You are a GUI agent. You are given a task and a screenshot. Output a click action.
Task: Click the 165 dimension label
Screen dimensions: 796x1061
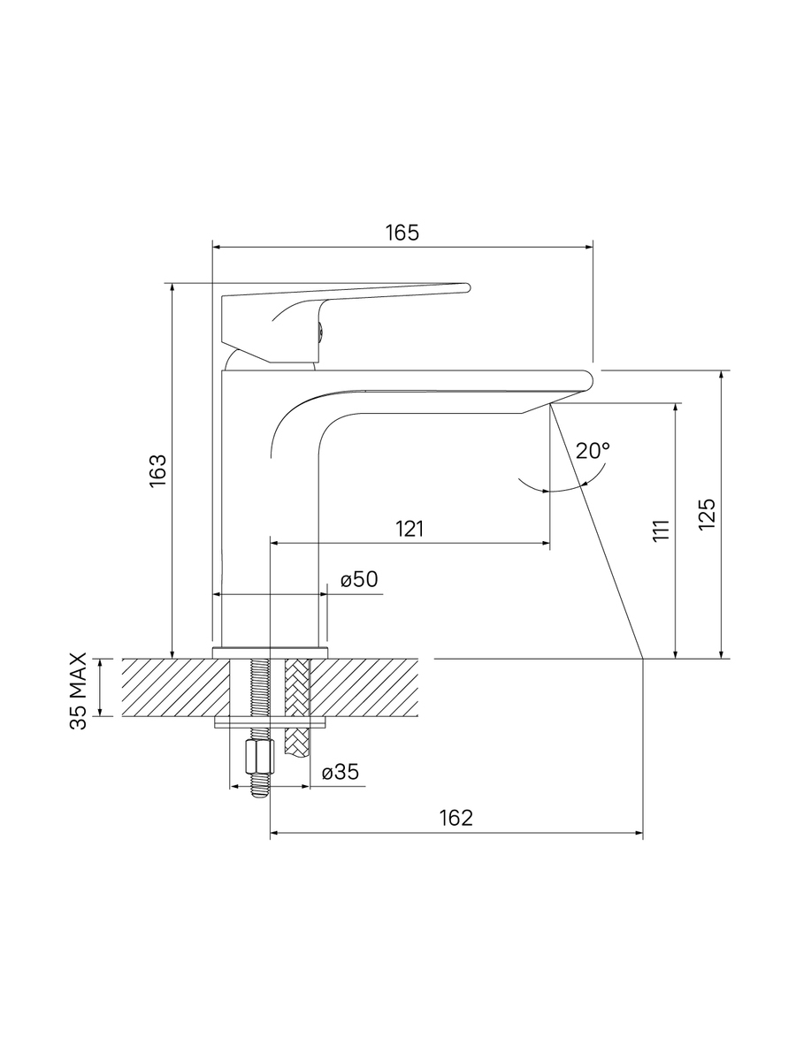coord(402,233)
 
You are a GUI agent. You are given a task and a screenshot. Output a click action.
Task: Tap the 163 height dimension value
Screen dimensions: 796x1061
coord(158,470)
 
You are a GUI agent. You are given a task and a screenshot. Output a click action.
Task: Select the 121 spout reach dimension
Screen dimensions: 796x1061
coord(409,529)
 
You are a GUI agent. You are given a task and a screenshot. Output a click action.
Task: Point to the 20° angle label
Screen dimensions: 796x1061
coord(593,451)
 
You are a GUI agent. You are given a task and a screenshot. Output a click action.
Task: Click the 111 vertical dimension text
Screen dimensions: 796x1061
coord(662,530)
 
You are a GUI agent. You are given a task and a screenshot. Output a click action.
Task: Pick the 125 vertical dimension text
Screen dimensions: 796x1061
coord(707,514)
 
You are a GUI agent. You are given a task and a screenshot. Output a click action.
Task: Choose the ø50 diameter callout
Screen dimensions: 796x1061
coord(359,579)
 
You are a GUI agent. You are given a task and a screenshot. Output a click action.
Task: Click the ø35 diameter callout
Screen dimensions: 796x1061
coord(341,772)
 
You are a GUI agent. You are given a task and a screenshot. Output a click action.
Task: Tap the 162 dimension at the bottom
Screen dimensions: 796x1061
coord(455,817)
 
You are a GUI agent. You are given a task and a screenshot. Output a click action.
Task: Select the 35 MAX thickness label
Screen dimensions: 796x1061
coord(79,691)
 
